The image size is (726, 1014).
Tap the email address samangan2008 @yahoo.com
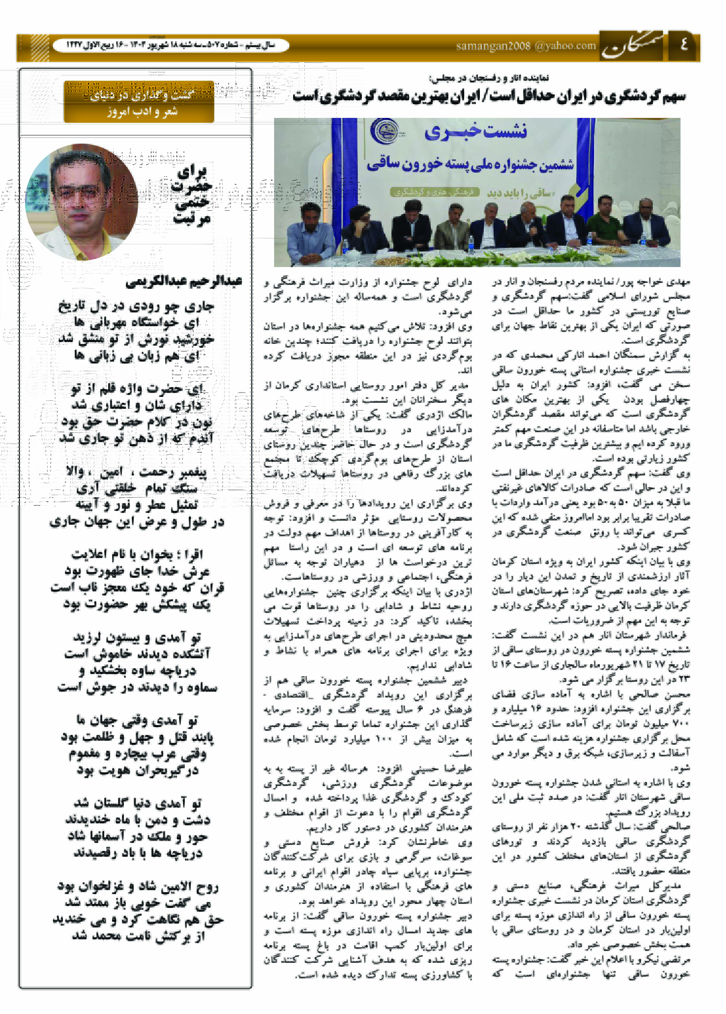click(x=526, y=46)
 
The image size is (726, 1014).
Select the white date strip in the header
click(x=171, y=45)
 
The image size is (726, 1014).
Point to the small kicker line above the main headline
click(x=489, y=78)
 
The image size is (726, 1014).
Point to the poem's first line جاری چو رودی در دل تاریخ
click(x=136, y=306)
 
